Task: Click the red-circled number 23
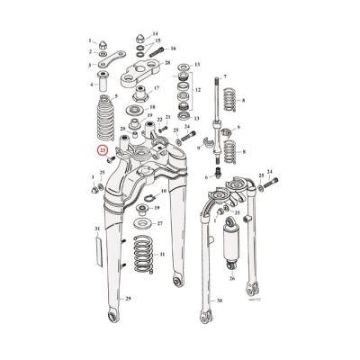pyautogui.click(x=103, y=151)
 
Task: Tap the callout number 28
pyautogui.click(x=167, y=64)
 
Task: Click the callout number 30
pyautogui.click(x=219, y=301)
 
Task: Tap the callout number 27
pyautogui.click(x=159, y=223)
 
